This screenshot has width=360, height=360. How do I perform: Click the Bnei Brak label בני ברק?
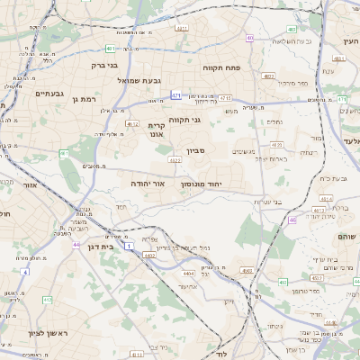[105, 65]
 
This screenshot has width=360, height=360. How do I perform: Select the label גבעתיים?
[49, 93]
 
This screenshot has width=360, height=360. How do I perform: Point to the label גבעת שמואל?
[139, 80]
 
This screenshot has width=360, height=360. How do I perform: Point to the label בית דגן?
[98, 246]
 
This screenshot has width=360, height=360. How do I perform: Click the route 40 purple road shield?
[249, 38]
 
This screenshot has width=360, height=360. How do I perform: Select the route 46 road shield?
[292, 220]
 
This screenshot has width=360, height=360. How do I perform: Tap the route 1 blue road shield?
[129, 246]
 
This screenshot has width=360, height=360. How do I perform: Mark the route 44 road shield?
[76, 244]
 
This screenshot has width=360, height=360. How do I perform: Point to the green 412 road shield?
[48, 300]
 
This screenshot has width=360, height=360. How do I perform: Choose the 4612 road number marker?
[132, 123]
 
